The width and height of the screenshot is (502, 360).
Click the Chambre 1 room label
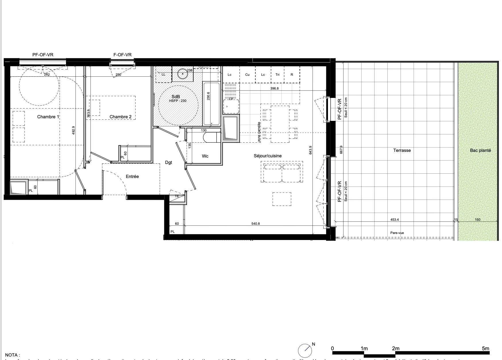pos(48,117)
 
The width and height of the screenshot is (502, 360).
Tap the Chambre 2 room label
pos(120,117)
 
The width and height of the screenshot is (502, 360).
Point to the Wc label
pos(205,156)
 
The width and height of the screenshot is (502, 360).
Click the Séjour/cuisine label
pos(268,156)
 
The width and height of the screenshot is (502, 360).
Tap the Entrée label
pos(132,177)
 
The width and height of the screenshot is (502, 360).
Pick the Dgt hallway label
pos(169,162)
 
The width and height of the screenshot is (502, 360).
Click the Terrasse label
pos(402,150)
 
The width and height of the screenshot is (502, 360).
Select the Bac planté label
pos(480,150)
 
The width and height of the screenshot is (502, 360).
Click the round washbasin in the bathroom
pos(182,74)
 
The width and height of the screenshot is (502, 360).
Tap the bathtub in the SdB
pos(211,104)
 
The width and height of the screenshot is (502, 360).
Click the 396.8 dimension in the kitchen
pos(274,89)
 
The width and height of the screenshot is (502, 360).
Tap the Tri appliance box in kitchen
pos(277,75)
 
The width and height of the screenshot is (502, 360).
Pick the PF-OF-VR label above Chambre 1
pos(43,55)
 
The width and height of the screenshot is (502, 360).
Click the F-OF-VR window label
pos(122,55)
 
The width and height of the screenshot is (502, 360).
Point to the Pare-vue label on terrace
pos(397,233)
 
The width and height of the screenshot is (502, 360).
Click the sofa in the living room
pos(281,172)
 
